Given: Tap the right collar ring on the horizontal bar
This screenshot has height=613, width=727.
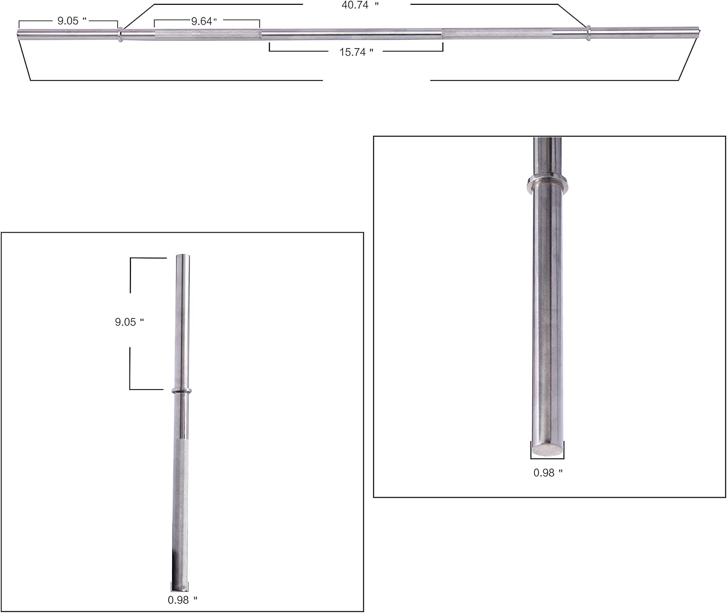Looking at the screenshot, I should click(588, 33).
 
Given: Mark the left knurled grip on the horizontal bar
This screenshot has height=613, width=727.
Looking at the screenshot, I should click(208, 34).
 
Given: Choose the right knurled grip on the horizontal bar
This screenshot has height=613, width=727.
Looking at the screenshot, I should click(497, 34).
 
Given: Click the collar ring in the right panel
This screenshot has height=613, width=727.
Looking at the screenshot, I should click(548, 183).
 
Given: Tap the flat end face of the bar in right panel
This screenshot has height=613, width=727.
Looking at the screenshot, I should click(548, 449).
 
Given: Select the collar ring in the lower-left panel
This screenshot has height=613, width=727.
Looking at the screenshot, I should click(182, 391).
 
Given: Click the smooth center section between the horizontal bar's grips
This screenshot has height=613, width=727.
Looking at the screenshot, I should click(351, 34).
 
